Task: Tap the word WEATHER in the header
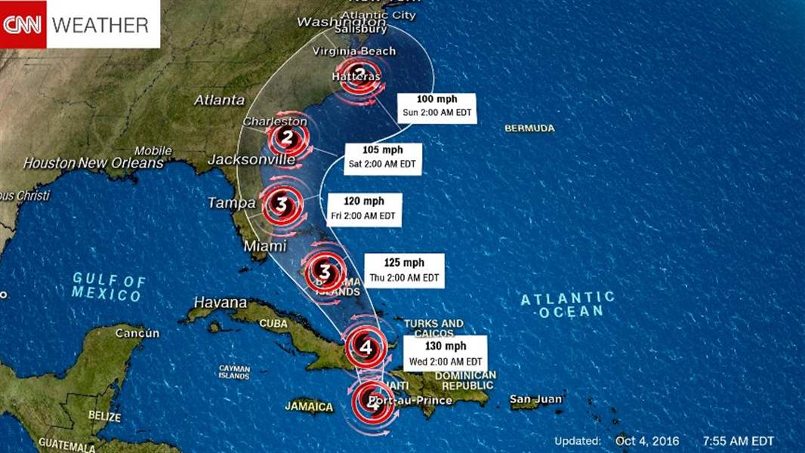tap(100, 25)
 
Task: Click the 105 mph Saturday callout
tap(382, 156)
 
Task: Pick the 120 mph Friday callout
tap(364, 208)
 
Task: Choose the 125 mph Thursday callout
tap(404, 270)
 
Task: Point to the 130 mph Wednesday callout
tap(444, 353)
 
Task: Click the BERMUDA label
tap(529, 128)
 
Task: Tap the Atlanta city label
tap(219, 100)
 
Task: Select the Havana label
tap(221, 302)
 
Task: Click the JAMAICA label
tap(309, 406)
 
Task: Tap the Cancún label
tap(137, 333)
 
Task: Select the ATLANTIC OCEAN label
tap(567, 304)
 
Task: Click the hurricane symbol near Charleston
tap(287, 138)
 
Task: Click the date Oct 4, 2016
tap(647, 441)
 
